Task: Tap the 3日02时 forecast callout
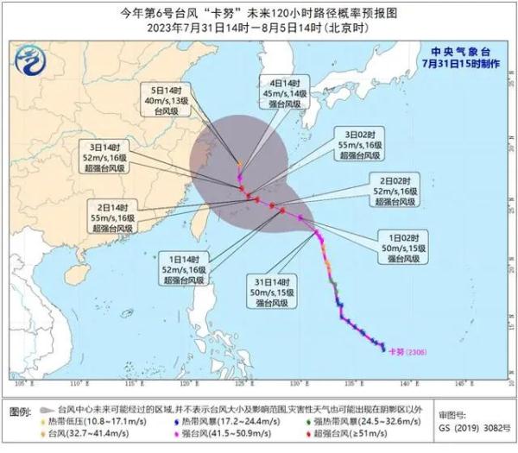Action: coord(360,144)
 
